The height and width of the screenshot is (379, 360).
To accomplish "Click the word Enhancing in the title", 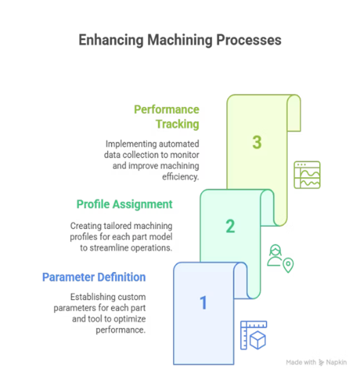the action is tap(111, 40).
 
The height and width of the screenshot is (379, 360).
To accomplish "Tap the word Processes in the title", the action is tap(249, 40).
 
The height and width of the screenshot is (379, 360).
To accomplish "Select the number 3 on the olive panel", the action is tap(257, 142).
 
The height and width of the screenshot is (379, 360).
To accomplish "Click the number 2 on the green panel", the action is tap(230, 226).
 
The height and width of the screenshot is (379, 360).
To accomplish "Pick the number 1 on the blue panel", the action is tap(203, 303).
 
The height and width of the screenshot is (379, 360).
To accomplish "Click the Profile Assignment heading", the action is tap(125, 204).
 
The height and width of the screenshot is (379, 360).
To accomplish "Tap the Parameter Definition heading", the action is tap(94, 277).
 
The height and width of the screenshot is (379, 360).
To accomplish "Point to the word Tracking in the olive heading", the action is tap(177, 124).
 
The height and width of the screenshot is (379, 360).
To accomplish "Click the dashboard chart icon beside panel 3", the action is tap(307, 175).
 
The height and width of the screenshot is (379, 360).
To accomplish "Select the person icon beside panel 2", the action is tap(275, 255).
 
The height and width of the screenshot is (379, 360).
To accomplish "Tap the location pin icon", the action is tap(288, 265).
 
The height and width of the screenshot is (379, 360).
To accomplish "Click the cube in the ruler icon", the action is tap(258, 340).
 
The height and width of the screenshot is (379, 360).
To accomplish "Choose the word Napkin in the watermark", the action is tap(336, 363).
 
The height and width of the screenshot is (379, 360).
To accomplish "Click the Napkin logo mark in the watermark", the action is tap(321, 363).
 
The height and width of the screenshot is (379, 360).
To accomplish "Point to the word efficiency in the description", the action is tap(180, 177).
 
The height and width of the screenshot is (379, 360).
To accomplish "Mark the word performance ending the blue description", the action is tap(120, 330).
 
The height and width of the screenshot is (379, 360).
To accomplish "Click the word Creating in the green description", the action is tap(86, 226).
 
